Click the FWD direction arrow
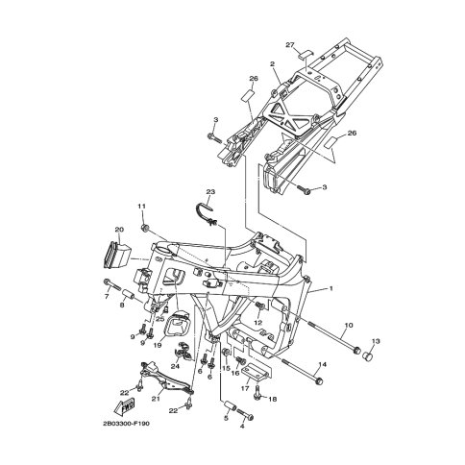point(125,406)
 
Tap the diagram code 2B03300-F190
point(126,424)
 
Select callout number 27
point(290,45)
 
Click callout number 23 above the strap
point(210,192)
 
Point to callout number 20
point(119,230)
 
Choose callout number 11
point(142,206)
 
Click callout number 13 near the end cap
point(376,341)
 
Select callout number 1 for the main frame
point(331,288)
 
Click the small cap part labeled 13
point(368,356)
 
